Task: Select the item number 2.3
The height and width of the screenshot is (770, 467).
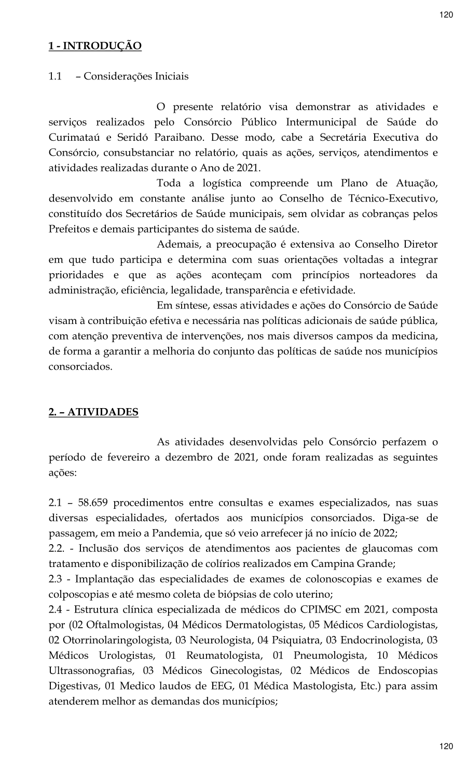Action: (x=56, y=579)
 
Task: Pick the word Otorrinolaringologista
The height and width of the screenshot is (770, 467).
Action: (x=113, y=640)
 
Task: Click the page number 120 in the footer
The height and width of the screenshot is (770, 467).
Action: (x=446, y=747)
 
